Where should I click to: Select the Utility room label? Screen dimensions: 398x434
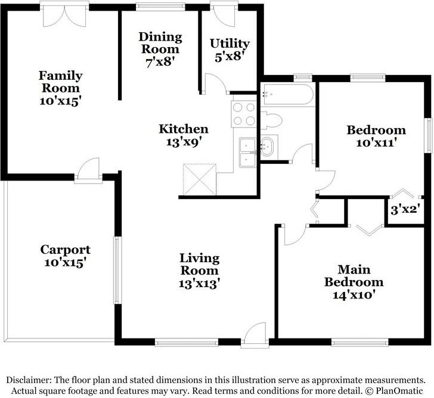click(x=230, y=43)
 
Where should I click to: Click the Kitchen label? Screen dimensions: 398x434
click(x=183, y=129)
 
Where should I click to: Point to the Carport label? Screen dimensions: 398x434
click(x=65, y=250)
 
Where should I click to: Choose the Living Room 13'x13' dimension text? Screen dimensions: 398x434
click(x=200, y=284)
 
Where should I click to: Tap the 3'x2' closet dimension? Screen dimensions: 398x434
click(x=405, y=209)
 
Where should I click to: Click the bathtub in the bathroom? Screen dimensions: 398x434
click(x=287, y=95)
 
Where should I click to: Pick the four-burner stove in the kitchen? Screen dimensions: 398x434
click(x=243, y=114)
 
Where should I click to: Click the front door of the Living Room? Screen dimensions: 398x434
click(x=255, y=334)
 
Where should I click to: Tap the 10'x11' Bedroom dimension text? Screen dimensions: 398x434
click(x=376, y=143)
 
